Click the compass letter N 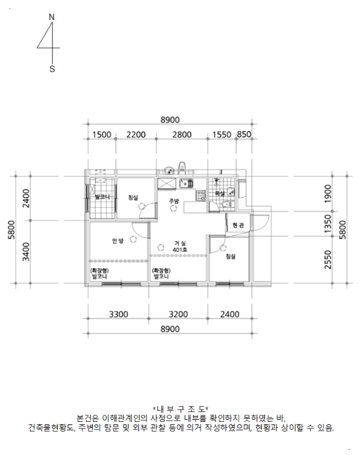tap(51, 17)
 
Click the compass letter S tap(52, 69)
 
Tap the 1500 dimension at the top tap(102, 135)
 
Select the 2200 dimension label tap(136, 135)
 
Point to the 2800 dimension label tap(182, 135)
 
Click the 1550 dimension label tap(222, 135)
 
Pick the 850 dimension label tap(244, 135)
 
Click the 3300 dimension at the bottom tap(118, 314)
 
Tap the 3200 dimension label tap(179, 314)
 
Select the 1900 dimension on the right tap(328, 194)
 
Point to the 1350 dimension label tap(328, 224)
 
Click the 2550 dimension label tap(328, 260)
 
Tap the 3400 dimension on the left tap(26, 252)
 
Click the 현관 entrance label tap(238, 225)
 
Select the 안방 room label tap(118, 241)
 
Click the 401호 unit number tap(180, 250)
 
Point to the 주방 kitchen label tap(174, 201)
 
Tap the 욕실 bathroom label tap(220, 194)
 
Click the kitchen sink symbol tap(186, 183)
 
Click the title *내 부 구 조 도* tap(181, 409)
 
